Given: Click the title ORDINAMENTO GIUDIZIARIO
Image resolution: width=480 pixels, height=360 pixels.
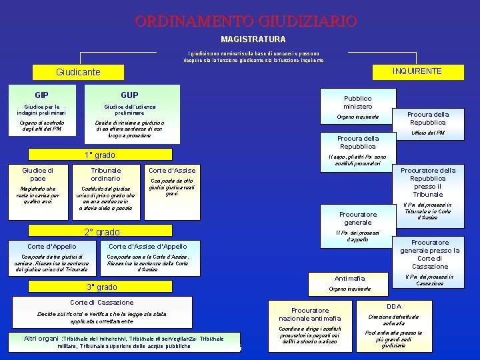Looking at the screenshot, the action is [245, 21].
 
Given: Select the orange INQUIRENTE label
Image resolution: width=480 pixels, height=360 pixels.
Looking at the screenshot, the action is [417, 71].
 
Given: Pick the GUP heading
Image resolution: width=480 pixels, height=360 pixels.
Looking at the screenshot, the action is [129, 95].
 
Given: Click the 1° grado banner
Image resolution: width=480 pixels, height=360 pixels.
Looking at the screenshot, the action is [100, 155].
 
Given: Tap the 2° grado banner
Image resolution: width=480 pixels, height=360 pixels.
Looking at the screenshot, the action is [102, 232].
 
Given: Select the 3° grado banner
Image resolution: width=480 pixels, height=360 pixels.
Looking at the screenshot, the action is [102, 287].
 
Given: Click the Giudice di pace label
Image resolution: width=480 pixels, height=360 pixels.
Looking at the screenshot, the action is [38, 174].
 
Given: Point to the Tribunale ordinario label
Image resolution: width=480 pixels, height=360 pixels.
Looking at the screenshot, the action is [105, 174].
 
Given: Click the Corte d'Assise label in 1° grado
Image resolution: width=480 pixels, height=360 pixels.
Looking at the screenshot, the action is [172, 170].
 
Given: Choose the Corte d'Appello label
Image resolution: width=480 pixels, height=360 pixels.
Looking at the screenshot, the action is [51, 246].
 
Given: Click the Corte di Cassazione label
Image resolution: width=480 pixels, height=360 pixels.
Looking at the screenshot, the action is [102, 302].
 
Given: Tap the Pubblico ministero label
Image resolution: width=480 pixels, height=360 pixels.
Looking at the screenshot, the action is [358, 102].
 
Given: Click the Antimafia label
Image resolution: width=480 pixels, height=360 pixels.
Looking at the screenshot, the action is [350, 278].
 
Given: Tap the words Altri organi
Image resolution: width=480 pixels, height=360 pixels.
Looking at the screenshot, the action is [41, 339].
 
